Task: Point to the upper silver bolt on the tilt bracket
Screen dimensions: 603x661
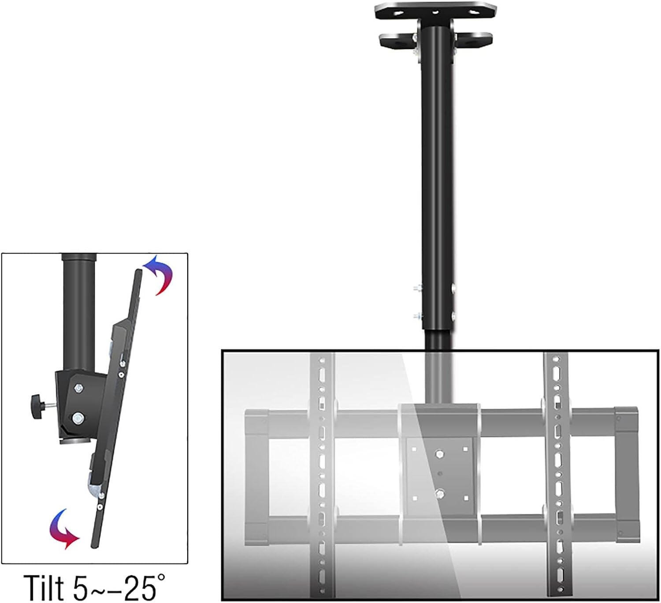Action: pyautogui.click(x=79, y=389)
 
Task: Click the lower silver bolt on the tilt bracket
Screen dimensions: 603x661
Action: pyautogui.click(x=79, y=416)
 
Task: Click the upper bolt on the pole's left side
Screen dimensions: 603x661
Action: pyautogui.click(x=417, y=288)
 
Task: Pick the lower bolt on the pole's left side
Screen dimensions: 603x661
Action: pyautogui.click(x=417, y=316)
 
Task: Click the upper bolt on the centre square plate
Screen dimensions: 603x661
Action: pyautogui.click(x=439, y=453)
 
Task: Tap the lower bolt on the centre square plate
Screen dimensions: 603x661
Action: pyautogui.click(x=439, y=493)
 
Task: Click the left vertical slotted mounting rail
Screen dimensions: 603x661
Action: pyautogui.click(x=322, y=476)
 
